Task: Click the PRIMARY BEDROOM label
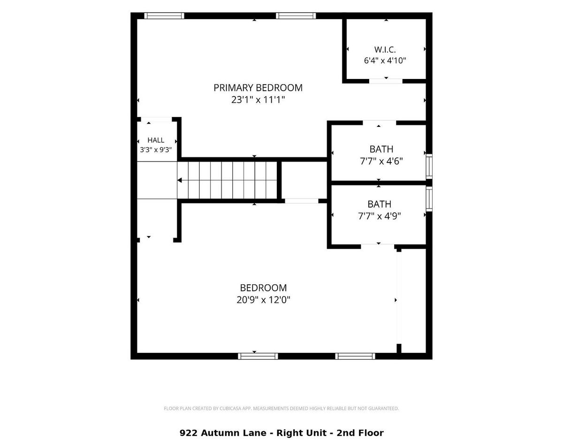coord(258,88)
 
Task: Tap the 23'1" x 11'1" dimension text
coord(258,100)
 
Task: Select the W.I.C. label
coord(385,49)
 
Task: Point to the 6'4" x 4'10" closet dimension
coord(385,61)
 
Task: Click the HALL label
coord(156,140)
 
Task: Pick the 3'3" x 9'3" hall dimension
coord(156,150)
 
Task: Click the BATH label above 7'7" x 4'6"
coord(381,149)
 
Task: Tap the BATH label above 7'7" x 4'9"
coord(379,204)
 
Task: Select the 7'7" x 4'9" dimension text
coord(379,216)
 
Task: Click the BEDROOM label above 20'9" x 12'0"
coord(263,287)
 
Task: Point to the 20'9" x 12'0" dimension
coord(263,300)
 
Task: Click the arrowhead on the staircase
coord(179,180)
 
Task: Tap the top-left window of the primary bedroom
coord(164,16)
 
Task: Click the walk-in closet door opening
coord(386,81)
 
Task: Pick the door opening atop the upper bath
coord(379,123)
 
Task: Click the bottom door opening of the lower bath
coord(378,247)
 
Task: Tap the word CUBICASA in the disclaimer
coord(229,409)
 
